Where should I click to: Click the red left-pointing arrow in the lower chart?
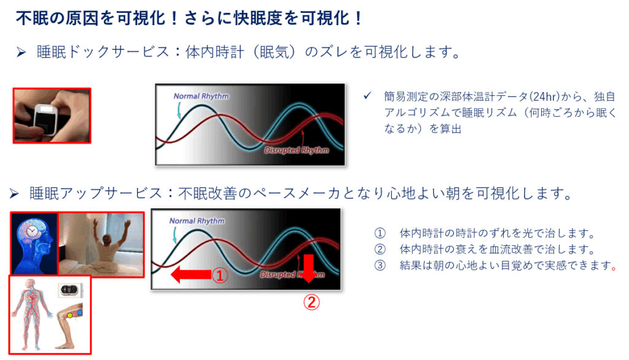pos(192,275)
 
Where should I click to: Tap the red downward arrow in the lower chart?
pos(308,268)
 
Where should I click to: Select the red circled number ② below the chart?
pos(311,302)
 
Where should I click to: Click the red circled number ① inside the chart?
pos(220,275)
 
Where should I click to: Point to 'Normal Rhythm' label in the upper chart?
pos(201,96)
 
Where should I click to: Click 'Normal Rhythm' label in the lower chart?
pos(197,221)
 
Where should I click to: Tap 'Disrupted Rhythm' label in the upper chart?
pos(297,150)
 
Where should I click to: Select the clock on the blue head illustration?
pos(31,232)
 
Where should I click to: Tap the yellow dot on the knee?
pos(69,315)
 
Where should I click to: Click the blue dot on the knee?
pos(79,312)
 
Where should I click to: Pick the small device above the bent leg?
pos(70,290)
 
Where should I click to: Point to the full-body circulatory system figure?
pos(31,315)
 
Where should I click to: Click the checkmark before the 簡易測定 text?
pos(367,96)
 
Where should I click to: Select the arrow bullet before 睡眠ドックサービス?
pos(21,52)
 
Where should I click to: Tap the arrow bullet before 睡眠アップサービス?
pos(14,194)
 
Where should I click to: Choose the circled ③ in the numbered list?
pos(380,265)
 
